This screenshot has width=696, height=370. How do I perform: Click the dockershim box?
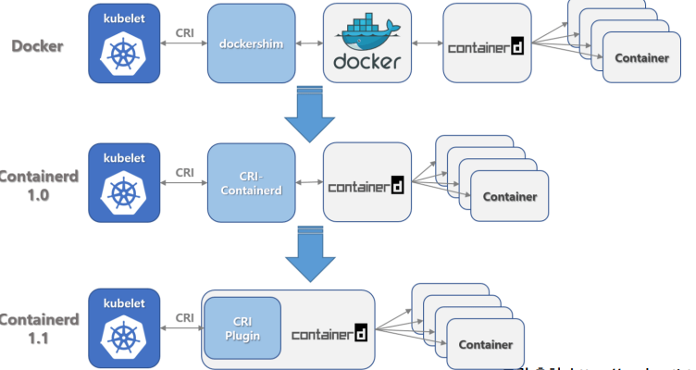coord(249,43)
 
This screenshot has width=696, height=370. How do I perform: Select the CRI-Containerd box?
coord(249,182)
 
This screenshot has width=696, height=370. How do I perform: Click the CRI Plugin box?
coord(242,327)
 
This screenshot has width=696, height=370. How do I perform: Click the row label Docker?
coord(37,45)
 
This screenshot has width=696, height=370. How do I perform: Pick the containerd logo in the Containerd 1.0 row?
coord(367,184)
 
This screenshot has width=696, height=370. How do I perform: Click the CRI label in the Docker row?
coord(184,33)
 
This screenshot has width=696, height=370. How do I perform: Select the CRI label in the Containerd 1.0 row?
coord(184,172)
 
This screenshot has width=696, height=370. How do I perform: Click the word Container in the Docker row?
coord(641,58)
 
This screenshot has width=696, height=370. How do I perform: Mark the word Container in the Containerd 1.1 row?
coord(485,345)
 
